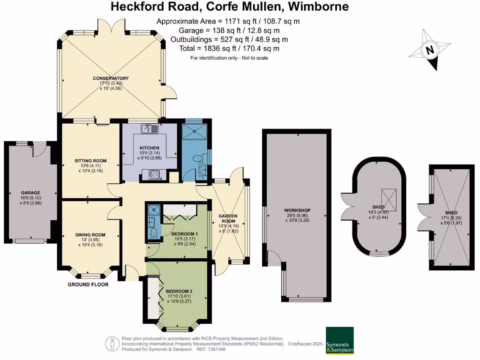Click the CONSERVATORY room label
coord(111,78)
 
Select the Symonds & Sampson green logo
coord(340,341)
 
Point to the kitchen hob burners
coord(154,174)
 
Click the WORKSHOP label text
coord(297,210)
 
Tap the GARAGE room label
coord(30,193)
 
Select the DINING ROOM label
coord(90,235)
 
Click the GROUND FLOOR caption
coord(88,285)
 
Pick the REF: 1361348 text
coord(209,349)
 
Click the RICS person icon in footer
coord(112,344)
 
